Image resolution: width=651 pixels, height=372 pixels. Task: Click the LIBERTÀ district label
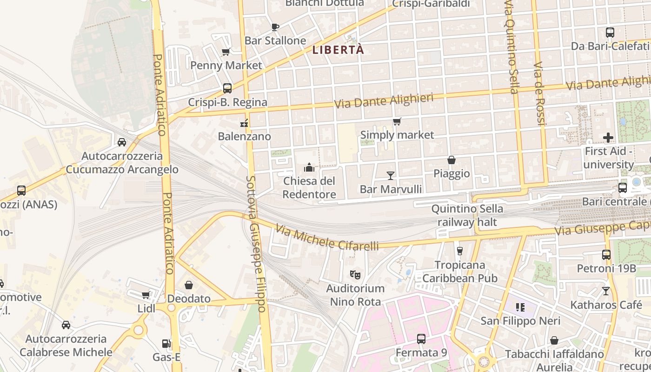coord(338,50)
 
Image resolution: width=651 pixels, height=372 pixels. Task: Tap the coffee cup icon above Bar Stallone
coord(275,27)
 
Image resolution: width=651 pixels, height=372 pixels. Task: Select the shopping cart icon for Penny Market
coord(226,52)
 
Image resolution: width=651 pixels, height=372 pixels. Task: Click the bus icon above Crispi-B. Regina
coord(227,88)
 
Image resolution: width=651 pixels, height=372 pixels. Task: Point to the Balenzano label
coord(244,136)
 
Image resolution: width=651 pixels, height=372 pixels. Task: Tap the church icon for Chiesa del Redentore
coord(309,167)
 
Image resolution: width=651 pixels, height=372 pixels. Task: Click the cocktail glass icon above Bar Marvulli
coord(391,176)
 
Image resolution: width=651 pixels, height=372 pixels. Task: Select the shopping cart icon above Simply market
coord(397,122)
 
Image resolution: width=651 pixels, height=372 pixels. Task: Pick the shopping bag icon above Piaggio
coord(451,160)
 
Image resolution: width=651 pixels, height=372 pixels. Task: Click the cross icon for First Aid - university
coord(608,138)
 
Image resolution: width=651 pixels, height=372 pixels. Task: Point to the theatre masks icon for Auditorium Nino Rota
coord(355,275)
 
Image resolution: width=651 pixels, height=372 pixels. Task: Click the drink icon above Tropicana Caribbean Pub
coord(460,251)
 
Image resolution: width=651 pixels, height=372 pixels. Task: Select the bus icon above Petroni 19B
coord(606,255)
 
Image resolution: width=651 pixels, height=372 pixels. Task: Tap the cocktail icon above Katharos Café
coord(605,291)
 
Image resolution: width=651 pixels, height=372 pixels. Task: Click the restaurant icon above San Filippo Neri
coord(520,307)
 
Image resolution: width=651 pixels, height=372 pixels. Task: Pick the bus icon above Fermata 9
coord(421,339)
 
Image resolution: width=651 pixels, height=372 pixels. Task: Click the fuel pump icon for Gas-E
coord(166,344)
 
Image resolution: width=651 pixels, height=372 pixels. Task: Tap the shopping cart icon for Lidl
coord(146,295)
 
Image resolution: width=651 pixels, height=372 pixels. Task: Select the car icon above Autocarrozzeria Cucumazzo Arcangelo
coord(122,142)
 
